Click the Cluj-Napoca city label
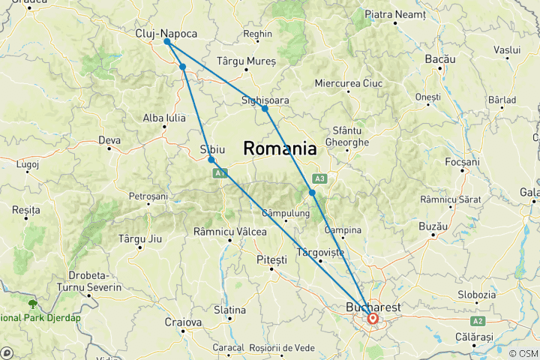click(166, 34)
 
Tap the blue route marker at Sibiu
click(211, 160)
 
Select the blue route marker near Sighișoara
click(265, 109)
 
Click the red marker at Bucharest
click(372, 319)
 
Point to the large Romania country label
click(279, 148)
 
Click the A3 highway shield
click(319, 178)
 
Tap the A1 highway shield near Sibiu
click(219, 173)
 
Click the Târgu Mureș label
click(246, 60)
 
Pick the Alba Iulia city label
click(164, 118)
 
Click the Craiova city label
click(183, 322)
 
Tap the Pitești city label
click(271, 259)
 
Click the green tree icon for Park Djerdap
click(32, 304)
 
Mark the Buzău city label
click(434, 226)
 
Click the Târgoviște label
click(321, 252)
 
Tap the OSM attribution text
click(523, 353)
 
